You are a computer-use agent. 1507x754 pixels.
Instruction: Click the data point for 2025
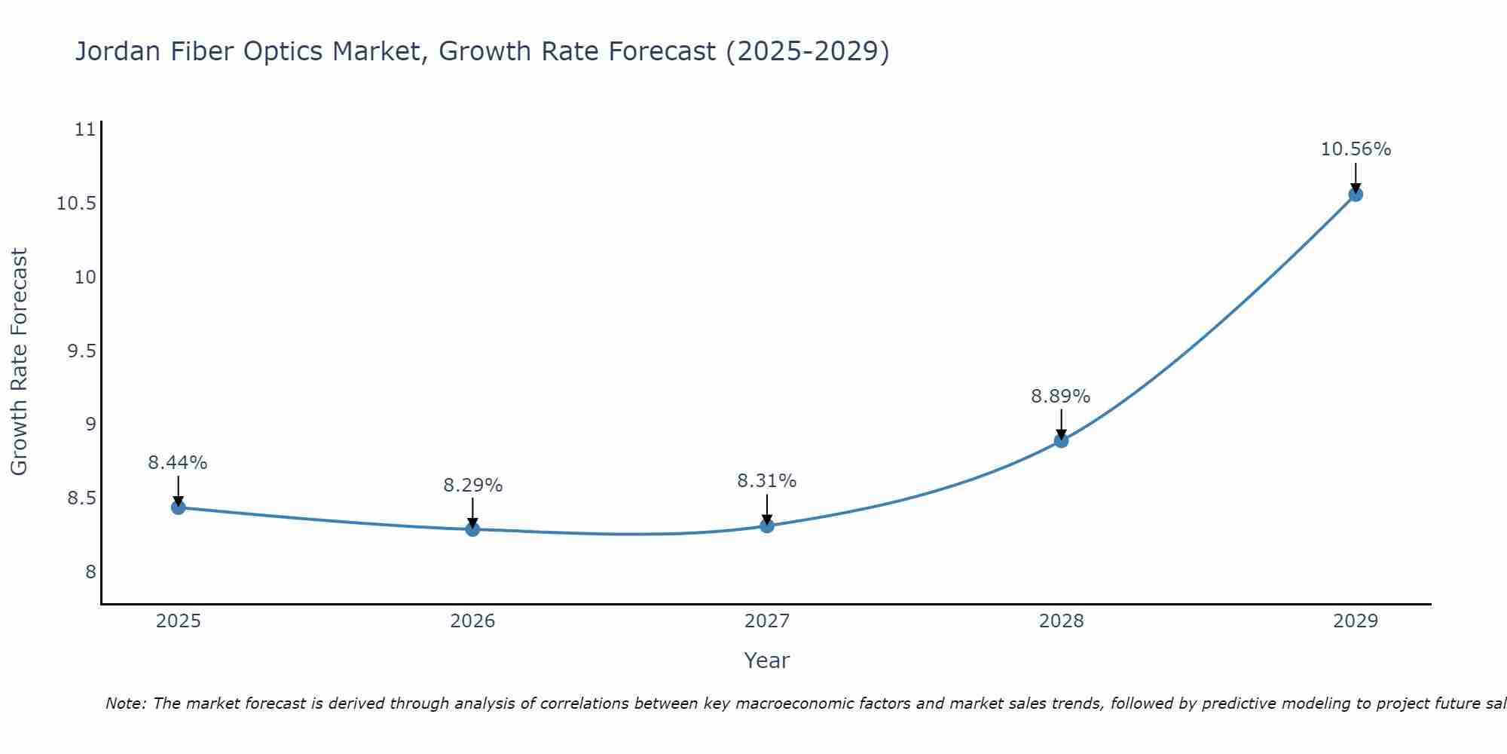[x=179, y=507]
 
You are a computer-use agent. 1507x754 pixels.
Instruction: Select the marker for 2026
[x=472, y=529]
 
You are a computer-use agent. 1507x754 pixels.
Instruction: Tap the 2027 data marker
[x=767, y=526]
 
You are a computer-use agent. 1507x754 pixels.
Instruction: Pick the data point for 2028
[x=1061, y=440]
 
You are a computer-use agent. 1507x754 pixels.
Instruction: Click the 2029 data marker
[x=1356, y=195]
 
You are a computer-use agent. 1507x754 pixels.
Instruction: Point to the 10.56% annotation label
[x=1356, y=149]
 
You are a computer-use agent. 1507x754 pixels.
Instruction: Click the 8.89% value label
[x=1060, y=396]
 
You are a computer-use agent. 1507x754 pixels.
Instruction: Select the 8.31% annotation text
[x=766, y=480]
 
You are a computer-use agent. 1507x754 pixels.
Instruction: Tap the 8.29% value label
[x=472, y=485]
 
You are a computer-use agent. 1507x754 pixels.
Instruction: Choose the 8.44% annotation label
[x=178, y=462]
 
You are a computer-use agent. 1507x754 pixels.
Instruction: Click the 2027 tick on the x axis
[x=767, y=621]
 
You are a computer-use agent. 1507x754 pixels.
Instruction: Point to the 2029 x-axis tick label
[x=1356, y=621]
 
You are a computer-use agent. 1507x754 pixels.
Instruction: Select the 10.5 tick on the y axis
[x=77, y=204]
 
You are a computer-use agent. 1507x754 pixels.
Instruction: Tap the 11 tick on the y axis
[x=87, y=130]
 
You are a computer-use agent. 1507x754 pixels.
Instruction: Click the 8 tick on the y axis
[x=91, y=572]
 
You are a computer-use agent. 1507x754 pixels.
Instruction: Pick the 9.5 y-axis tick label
[x=81, y=351]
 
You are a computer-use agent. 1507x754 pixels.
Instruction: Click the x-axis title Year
[x=766, y=661]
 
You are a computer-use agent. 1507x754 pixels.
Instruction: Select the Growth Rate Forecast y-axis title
[x=20, y=361]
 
